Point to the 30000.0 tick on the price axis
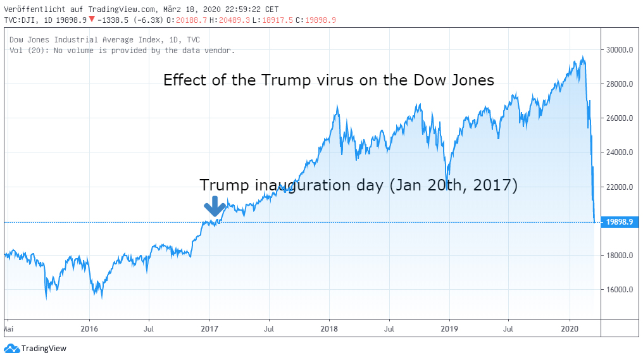(619, 50)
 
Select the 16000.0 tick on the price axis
(619, 290)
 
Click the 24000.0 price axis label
(619, 152)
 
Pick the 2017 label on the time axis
(209, 329)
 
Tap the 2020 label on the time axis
(571, 329)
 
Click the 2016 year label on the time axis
(89, 329)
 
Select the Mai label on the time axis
(9, 329)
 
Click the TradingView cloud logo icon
(11, 348)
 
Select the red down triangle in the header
(92, 20)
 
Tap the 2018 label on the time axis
(329, 329)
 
